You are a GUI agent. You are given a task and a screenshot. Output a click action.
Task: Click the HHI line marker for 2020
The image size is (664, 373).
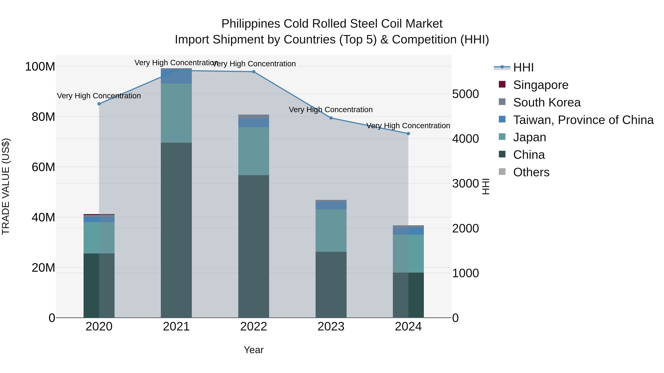click(x=99, y=104)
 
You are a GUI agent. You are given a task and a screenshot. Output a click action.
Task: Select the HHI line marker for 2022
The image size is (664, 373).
click(x=254, y=72)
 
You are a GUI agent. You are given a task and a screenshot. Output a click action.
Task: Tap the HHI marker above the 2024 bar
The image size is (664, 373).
click(x=408, y=134)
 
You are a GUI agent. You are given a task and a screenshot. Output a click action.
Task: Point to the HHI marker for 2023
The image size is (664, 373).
click(x=331, y=118)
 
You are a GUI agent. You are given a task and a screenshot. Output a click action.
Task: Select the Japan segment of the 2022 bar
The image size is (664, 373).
click(x=254, y=151)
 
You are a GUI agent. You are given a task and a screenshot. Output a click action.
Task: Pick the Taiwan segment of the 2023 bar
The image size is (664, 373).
click(x=331, y=205)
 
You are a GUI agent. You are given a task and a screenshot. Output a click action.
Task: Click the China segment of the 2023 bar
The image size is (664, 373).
click(x=331, y=284)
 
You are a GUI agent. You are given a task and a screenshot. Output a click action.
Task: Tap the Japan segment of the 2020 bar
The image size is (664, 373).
click(x=99, y=238)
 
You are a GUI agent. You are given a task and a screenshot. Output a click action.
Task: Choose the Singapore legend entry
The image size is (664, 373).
click(x=541, y=85)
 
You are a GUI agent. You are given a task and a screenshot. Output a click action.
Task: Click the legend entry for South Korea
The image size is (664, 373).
click(x=547, y=102)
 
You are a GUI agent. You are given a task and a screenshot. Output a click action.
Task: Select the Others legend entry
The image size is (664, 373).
click(x=531, y=172)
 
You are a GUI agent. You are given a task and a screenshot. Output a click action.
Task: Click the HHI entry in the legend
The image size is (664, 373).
click(x=523, y=67)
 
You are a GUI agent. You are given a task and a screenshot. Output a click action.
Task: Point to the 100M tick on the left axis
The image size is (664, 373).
click(x=40, y=67)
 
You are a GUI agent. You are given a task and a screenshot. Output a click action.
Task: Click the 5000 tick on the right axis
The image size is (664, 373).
click(x=466, y=94)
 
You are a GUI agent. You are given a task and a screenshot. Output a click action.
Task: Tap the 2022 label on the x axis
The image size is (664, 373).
click(x=254, y=327)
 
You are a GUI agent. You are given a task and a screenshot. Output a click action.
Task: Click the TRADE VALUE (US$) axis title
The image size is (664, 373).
click(x=6, y=186)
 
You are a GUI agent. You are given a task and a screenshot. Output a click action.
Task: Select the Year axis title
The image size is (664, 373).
click(x=254, y=350)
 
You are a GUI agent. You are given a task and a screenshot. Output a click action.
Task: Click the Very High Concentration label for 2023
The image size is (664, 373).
click(x=331, y=110)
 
